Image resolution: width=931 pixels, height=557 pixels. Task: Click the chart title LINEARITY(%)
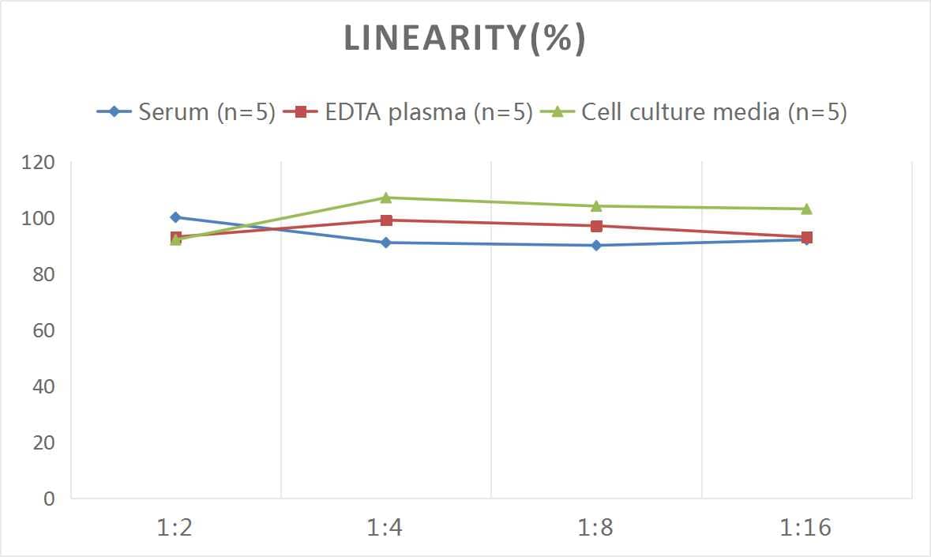tap(464, 39)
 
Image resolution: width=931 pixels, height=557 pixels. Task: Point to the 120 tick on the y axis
tap(39, 163)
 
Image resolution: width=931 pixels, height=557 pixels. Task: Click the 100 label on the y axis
tap(39, 219)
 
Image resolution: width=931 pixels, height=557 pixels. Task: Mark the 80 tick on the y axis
tap(43, 275)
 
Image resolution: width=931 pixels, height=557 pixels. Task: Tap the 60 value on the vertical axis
tap(43, 330)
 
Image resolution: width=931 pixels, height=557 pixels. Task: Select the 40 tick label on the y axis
tap(43, 386)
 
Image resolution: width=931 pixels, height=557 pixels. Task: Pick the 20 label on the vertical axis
tap(43, 442)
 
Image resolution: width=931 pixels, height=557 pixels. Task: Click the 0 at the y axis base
tap(50, 499)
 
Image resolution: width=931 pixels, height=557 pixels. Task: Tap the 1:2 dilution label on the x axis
tap(175, 528)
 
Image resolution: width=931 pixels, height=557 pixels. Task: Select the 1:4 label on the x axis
tap(385, 528)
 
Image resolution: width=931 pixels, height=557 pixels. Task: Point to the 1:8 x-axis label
tap(595, 528)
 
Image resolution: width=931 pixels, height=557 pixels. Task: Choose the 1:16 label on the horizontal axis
tap(806, 528)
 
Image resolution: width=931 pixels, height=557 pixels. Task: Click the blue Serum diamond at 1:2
tap(175, 217)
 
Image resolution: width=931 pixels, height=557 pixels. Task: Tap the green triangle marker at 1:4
tap(386, 198)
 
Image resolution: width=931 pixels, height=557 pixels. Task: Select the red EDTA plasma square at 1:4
tap(386, 220)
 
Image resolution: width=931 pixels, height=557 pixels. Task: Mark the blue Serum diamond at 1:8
tap(596, 245)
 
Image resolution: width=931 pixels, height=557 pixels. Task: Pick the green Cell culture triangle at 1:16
tap(806, 209)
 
